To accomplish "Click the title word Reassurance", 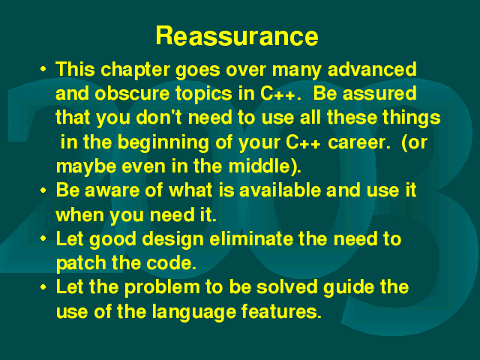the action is tap(237, 36).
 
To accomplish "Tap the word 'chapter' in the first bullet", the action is tap(135, 70).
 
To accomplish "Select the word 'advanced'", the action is tap(372, 69).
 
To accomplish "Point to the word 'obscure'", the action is tap(132, 93).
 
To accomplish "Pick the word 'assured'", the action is tap(379, 93).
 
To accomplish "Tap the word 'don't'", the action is tap(159, 117).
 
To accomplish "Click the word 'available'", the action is tap(280, 190).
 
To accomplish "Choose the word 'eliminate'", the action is tap(251, 238).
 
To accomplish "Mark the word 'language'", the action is tap(194, 312).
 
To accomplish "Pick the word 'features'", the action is tap(281, 311).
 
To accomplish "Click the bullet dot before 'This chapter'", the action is tap(43, 68).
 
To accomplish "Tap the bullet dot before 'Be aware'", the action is tap(43, 190).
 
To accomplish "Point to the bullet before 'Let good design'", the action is tap(43, 238).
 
